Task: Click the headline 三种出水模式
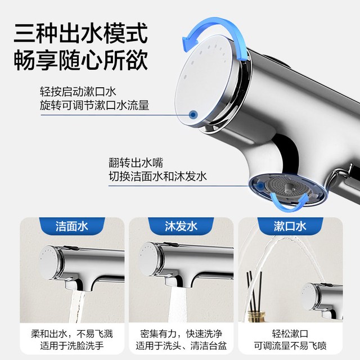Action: coord(80,33)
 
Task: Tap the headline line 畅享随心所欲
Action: coord(80,60)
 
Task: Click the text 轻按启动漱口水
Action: coord(78,92)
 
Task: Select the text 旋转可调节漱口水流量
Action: coord(94,105)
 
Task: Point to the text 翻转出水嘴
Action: coord(136,163)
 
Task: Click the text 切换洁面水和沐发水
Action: coord(157,176)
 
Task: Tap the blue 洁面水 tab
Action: coord(72,226)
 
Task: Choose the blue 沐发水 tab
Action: coord(181,226)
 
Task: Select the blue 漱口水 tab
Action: coord(290,226)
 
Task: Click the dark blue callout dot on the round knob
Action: coord(193,114)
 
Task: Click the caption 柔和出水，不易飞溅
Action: coord(72,334)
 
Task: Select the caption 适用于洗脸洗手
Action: coord(72,345)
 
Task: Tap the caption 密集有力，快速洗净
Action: coord(181,334)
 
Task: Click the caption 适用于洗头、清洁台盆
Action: coord(181,345)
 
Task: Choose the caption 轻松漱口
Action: coord(290,334)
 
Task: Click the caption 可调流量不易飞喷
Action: coord(290,345)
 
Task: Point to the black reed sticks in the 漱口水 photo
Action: coord(254,291)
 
